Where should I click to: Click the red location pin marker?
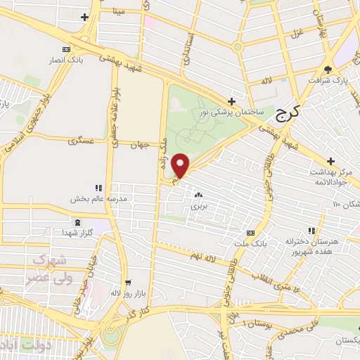[x=181, y=165]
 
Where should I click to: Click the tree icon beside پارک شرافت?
[x=328, y=69]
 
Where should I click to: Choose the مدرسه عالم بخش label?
[x=98, y=199]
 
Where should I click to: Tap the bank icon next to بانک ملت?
[x=250, y=233]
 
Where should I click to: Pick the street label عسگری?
[x=80, y=141]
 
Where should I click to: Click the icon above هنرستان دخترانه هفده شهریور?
[x=311, y=231]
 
